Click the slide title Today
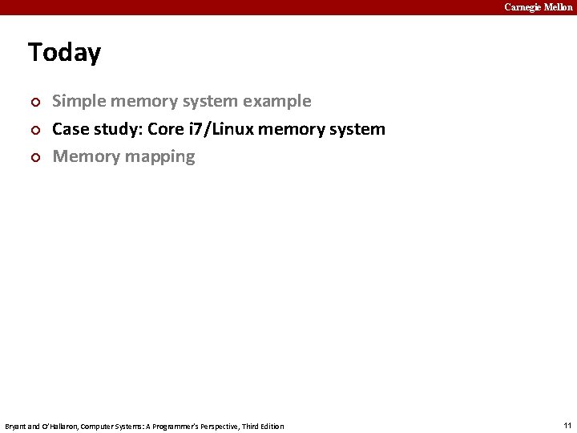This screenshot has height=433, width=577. tap(64, 53)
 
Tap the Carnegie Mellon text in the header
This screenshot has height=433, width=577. tap(538, 7)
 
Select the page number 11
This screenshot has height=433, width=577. tap(567, 425)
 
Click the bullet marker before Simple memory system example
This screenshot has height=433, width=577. tap(34, 103)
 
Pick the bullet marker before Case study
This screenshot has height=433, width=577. tap(34, 130)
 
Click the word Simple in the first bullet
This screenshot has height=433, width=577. tap(77, 102)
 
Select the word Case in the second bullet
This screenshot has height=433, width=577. tap(71, 129)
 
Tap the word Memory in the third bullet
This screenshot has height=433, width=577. tap(86, 156)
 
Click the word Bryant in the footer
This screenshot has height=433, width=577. tap(17, 426)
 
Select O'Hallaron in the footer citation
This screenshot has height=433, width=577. tap(59, 426)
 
